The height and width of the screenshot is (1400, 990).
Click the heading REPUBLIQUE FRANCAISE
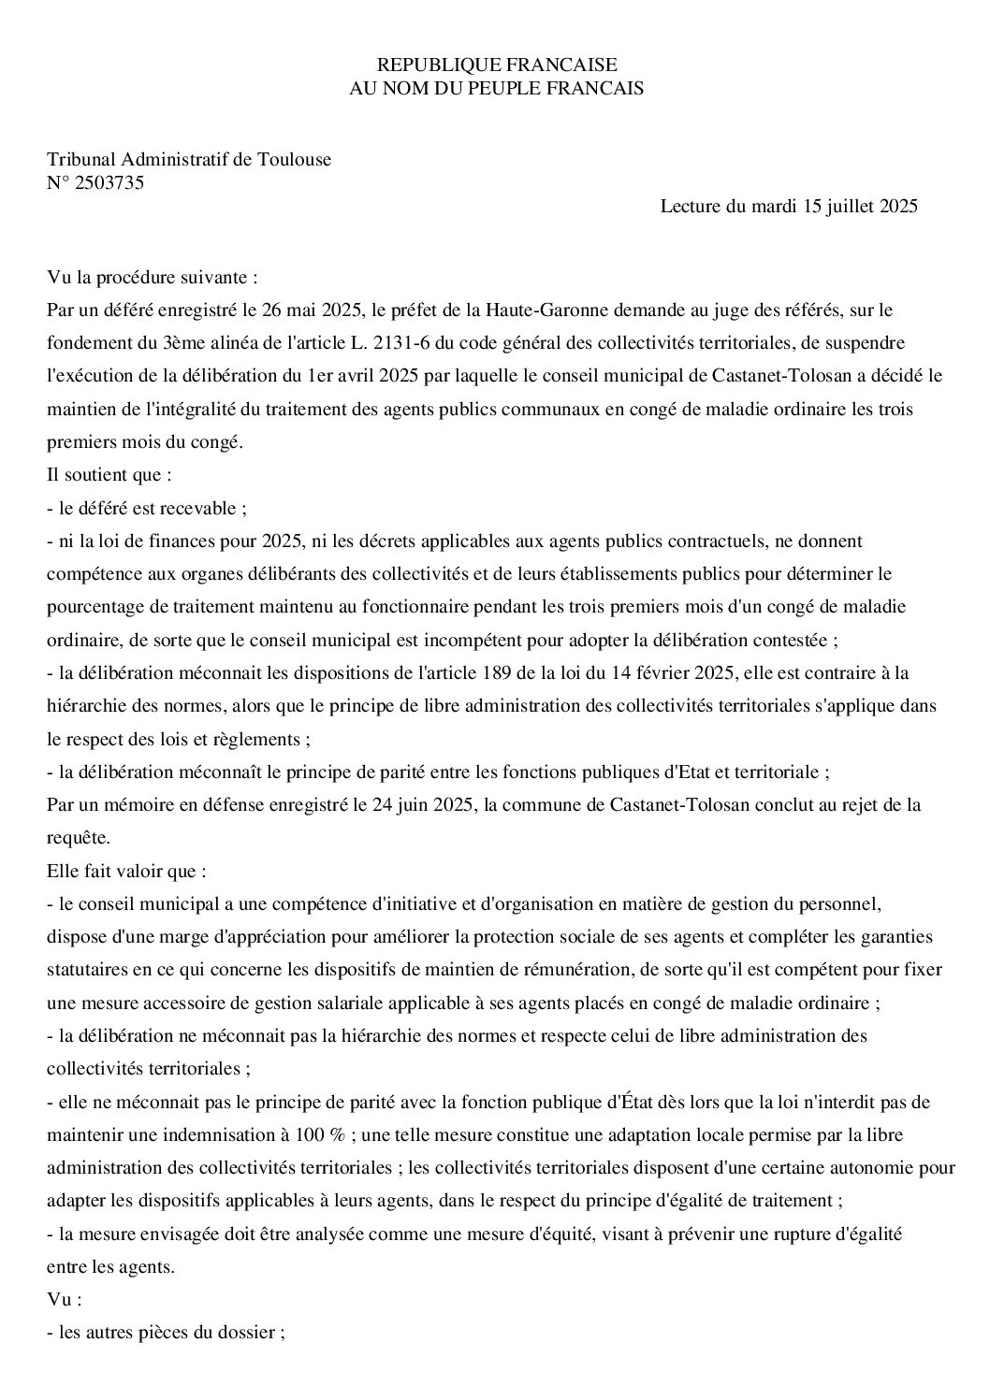(496, 65)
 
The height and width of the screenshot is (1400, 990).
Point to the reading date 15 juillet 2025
(860, 207)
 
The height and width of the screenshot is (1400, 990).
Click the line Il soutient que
(109, 474)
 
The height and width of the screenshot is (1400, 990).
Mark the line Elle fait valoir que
(126, 870)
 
